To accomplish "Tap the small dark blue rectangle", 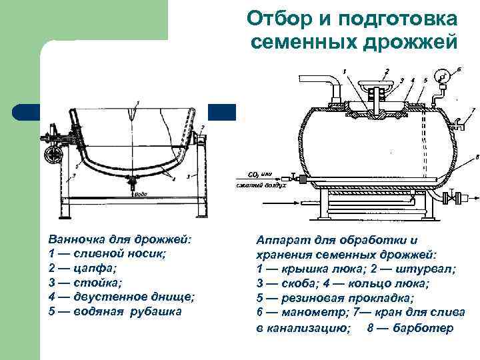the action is [223, 111].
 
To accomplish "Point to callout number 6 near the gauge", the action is [459, 69].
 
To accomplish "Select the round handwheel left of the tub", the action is [53, 155].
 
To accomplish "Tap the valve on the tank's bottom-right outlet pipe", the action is [453, 198].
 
